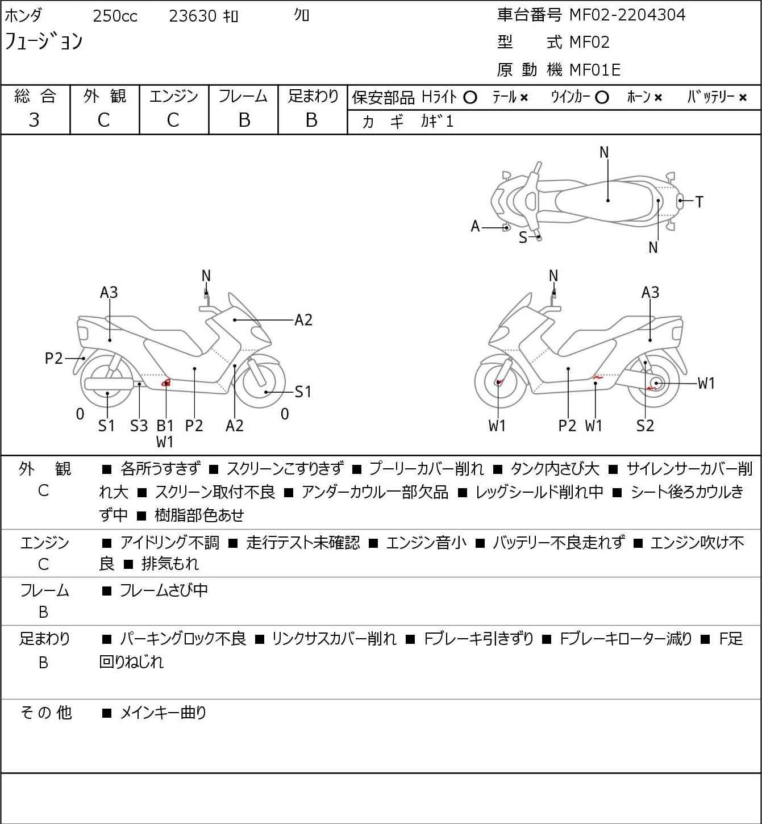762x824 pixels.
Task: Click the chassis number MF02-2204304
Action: pos(627,15)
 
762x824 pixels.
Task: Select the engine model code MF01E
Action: pos(594,70)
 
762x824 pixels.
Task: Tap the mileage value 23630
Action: pos(193,16)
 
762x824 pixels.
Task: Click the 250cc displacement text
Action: pos(115,16)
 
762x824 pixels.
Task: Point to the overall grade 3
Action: pos(35,120)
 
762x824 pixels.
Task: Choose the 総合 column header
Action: pos(35,97)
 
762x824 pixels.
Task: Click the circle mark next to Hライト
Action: pos(470,97)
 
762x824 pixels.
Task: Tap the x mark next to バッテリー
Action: pos(743,98)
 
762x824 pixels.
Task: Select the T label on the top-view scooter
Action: pos(699,202)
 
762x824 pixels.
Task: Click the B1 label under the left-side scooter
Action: pos(165,426)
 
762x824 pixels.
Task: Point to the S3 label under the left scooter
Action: pos(139,426)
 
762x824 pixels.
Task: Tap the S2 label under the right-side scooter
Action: pos(645,426)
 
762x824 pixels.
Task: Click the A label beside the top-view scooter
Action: pos(476,227)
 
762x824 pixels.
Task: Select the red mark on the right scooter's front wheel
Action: pos(499,382)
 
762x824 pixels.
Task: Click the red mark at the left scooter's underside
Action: pos(166,382)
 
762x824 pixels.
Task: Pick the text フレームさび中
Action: pos(164,591)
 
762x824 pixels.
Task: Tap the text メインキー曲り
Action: pos(163,713)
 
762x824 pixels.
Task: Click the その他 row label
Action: pos(45,713)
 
